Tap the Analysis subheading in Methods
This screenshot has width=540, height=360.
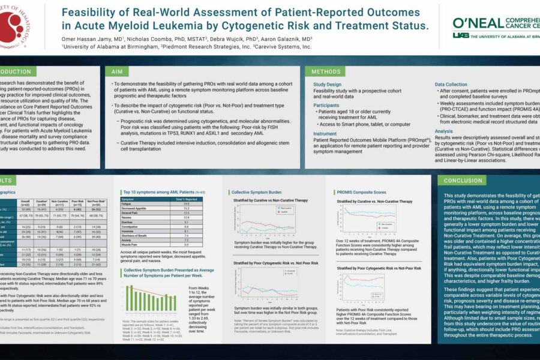(x=445, y=130)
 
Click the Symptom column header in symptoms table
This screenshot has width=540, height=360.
(x=128, y=199)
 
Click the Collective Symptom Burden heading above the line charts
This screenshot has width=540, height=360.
(x=257, y=192)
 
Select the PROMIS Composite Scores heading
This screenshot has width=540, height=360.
(x=362, y=192)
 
